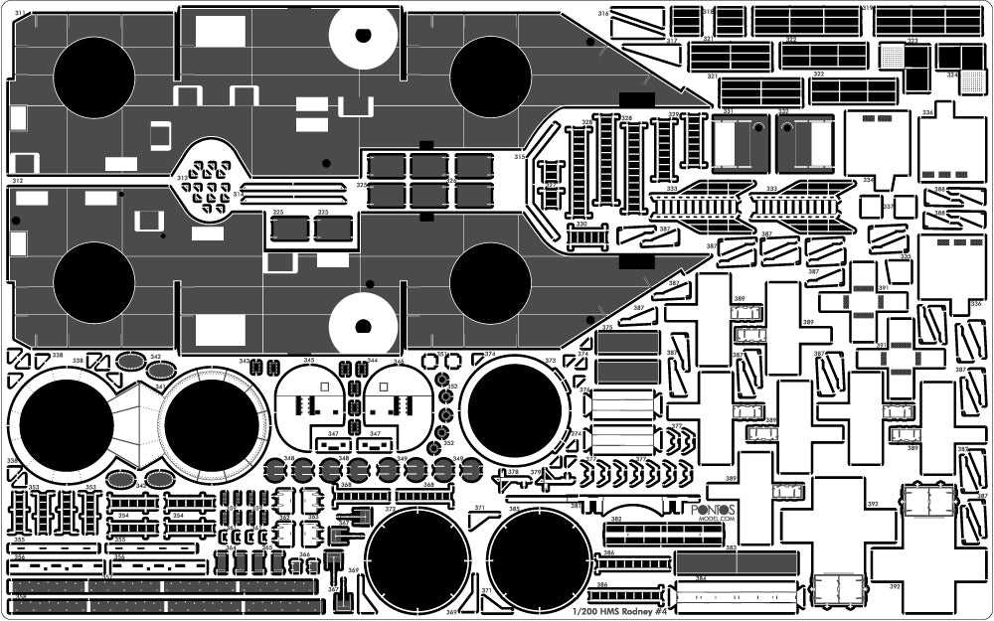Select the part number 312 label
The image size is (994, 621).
[16, 180]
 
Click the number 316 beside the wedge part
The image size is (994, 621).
[603, 13]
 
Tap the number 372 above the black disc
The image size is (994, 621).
[391, 509]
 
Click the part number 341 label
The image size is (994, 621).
[161, 387]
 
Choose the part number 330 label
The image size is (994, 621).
[580, 225]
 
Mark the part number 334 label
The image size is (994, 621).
[926, 113]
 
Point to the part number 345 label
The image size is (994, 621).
[309, 361]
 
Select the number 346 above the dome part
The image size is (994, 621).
[398, 361]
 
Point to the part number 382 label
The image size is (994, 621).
[616, 520]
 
